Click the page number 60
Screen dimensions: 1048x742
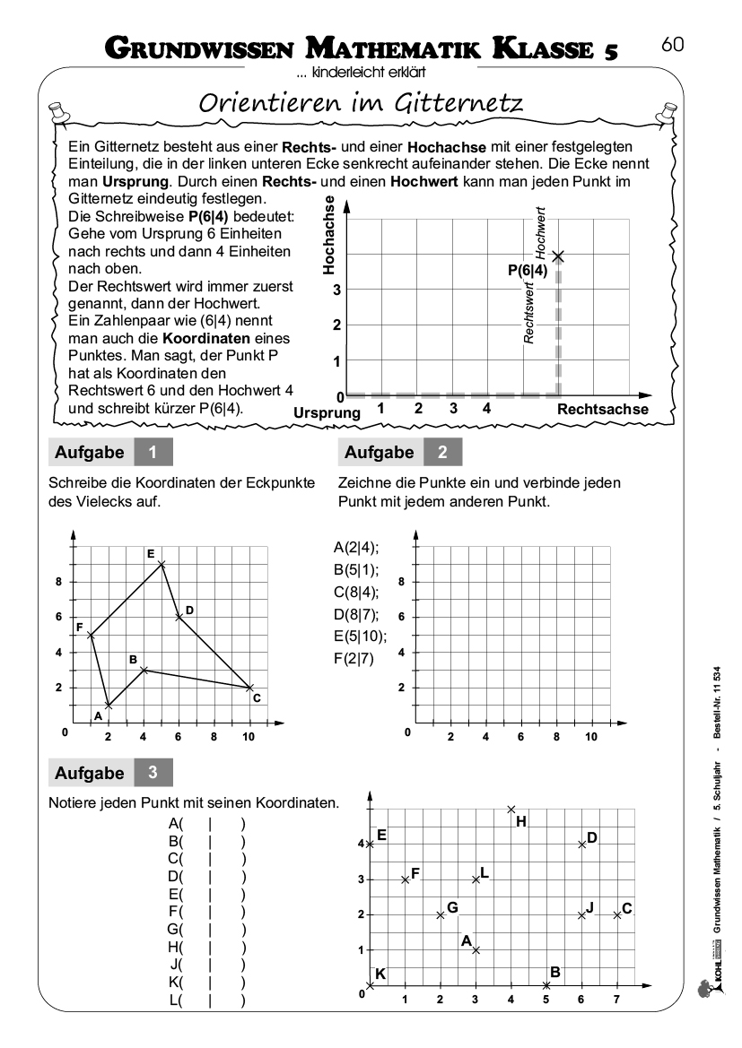click(673, 43)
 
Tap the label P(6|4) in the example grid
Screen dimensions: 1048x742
click(527, 269)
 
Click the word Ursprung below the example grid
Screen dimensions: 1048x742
click(327, 412)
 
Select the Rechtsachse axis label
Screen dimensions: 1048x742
click(603, 409)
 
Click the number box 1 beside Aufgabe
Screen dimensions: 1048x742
click(153, 453)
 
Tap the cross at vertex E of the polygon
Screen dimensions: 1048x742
click(161, 564)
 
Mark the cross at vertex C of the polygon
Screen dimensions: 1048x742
click(249, 688)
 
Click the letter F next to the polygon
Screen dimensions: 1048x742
click(80, 626)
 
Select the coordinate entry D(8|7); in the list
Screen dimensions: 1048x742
click(356, 615)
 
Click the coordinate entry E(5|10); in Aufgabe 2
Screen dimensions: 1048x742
click(360, 637)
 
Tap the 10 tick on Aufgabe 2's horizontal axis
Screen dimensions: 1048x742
click(591, 737)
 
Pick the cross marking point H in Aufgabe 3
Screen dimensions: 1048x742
click(511, 809)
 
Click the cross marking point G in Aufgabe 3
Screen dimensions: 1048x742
click(441, 914)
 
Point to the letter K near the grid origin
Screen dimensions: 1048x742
click(380, 974)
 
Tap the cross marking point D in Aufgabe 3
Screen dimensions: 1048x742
click(581, 844)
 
